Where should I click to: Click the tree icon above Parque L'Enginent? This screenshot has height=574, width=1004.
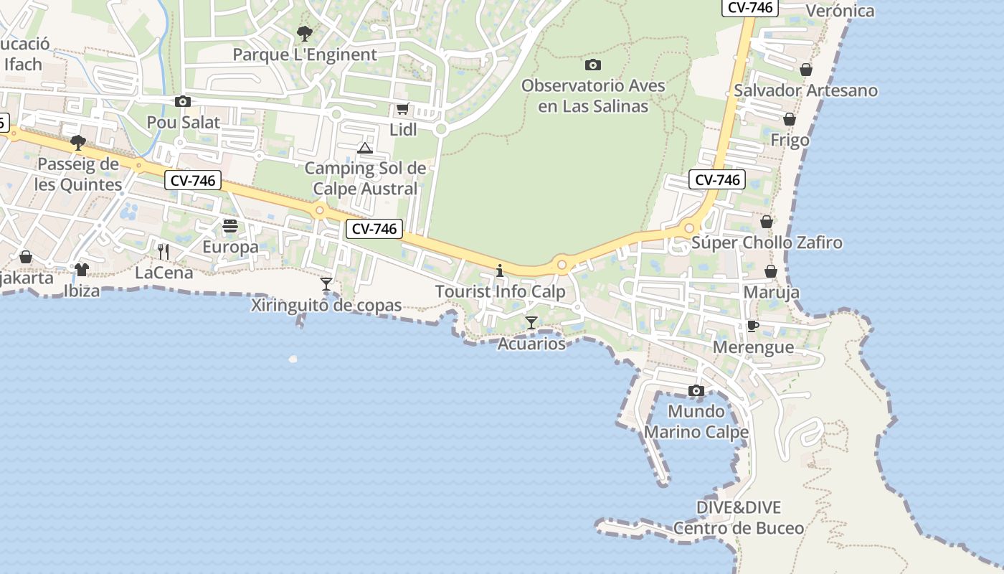pos(305,33)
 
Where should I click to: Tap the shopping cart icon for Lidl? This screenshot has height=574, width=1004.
pos(403,109)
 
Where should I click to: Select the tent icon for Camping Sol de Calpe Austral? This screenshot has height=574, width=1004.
pos(365,149)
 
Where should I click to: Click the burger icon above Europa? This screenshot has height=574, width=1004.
pos(230,226)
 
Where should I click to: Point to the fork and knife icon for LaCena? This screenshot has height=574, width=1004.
pos(164,251)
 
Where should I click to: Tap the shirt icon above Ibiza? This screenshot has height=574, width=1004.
pos(82,269)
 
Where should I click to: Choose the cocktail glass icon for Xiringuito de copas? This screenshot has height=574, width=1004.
pos(326,284)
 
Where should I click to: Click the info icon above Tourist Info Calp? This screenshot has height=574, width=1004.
pos(500,270)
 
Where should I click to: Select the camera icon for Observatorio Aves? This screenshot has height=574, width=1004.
pos(593,65)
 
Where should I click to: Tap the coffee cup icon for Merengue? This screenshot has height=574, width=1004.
pos(753,326)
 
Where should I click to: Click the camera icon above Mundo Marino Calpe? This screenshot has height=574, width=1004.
pos(696,391)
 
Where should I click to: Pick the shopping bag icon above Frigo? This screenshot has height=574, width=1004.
pos(790,119)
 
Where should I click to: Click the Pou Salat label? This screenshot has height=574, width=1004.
pos(183,122)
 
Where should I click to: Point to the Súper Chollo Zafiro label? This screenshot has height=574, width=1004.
pos(767,243)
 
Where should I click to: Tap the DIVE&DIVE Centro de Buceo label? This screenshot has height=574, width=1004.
pos(739,518)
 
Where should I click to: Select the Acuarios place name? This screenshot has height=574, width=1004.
pos(531,344)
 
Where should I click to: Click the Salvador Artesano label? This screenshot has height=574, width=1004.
pos(805,90)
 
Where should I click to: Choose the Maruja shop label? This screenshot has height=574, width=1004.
pos(771,293)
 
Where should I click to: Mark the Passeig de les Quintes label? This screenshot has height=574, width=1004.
pos(79,174)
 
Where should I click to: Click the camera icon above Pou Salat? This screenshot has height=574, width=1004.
pos(183,101)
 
